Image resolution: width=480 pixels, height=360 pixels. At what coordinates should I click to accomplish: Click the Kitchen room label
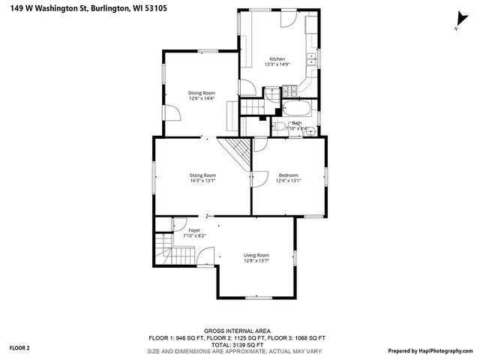pos(277,59)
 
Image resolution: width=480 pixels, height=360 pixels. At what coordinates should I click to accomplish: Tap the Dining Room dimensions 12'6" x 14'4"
pos(201,98)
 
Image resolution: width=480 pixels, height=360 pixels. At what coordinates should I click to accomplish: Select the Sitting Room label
pos(202,175)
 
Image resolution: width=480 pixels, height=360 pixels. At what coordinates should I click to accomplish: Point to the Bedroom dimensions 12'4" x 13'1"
pos(288,180)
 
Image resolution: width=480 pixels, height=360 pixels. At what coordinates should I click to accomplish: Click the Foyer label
pos(194,230)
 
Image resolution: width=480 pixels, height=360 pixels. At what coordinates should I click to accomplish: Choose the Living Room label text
pos(256,256)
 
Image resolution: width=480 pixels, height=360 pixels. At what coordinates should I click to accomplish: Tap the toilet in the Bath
pos(277,127)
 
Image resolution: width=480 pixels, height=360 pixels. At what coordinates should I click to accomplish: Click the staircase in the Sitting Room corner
pos(238,154)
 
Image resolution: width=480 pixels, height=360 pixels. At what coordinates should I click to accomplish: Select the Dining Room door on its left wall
pos(170,112)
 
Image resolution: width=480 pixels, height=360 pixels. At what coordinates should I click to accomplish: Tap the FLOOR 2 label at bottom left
pos(19,348)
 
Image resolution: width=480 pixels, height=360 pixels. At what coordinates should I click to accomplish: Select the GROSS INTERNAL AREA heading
pos(237,331)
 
